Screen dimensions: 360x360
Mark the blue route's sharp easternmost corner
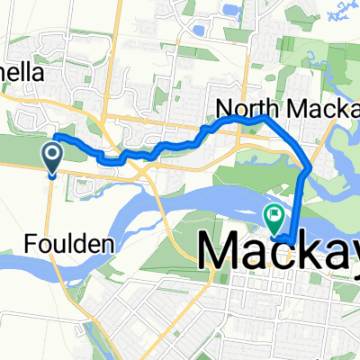point(310,167)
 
